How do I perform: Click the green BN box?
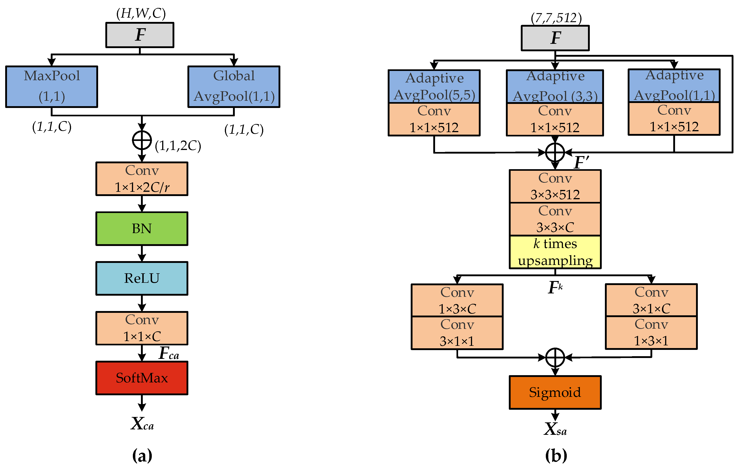(142, 229)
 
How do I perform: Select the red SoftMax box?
(142, 378)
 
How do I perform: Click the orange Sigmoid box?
(555, 392)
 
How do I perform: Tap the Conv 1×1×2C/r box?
(142, 179)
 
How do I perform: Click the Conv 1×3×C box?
(457, 300)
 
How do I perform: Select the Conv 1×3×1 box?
(651, 333)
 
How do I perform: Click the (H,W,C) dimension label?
(141, 14)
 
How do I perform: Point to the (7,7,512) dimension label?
(556, 18)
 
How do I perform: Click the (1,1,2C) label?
(178, 146)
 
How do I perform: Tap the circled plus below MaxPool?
(142, 140)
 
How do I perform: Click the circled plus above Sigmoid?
(555, 358)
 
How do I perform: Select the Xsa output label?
(555, 429)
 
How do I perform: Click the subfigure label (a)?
(142, 455)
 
